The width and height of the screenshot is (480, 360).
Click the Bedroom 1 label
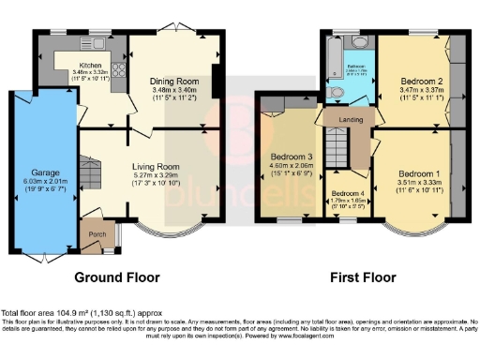(416, 174)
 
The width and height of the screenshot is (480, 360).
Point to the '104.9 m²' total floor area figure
(72, 313)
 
